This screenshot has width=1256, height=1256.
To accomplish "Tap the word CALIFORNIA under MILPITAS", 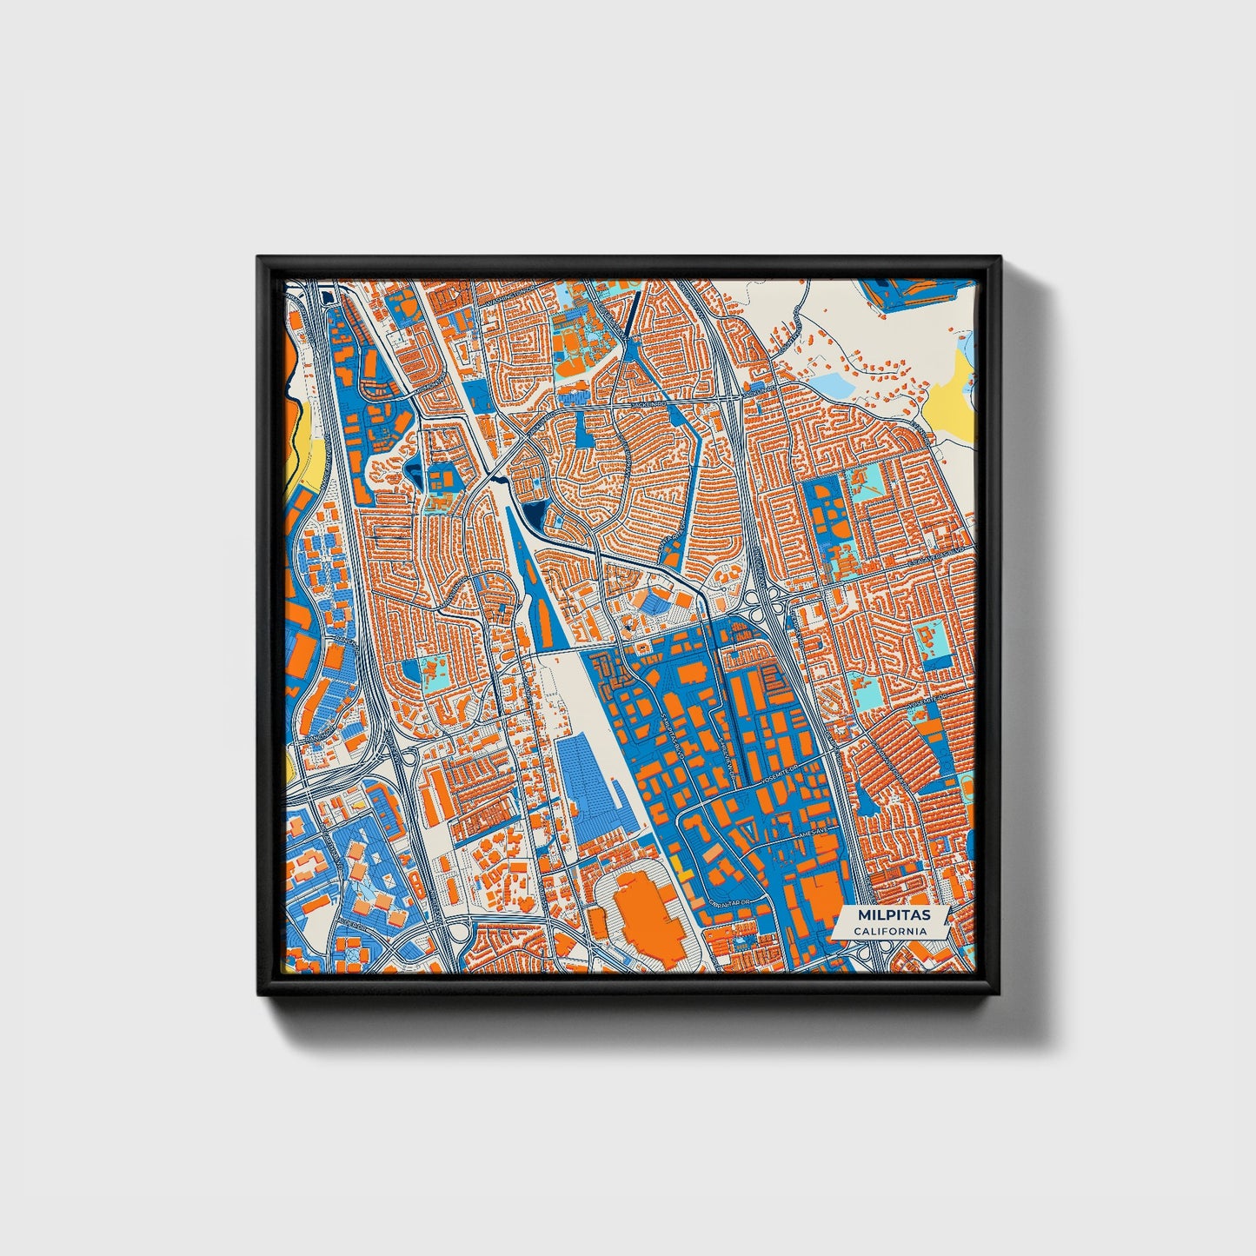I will coord(889,931).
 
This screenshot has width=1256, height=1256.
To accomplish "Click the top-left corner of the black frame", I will coord(259,258).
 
